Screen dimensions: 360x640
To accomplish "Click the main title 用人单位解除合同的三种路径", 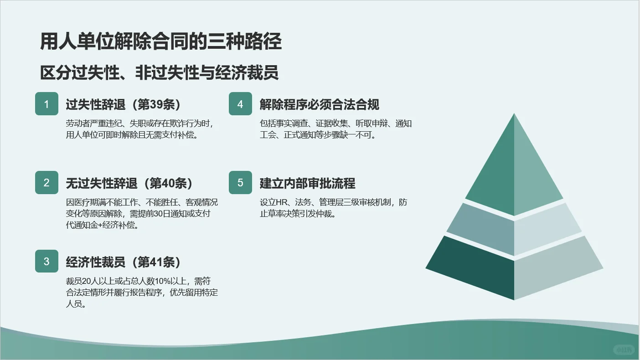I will click(x=160, y=42).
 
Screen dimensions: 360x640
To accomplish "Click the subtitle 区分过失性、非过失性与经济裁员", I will click(x=159, y=73).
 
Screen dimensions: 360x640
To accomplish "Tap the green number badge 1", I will click(x=46, y=104).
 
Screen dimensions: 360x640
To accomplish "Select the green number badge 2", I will click(x=46, y=183).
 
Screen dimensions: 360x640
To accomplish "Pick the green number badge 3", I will click(x=46, y=261).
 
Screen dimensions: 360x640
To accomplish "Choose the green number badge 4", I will click(x=240, y=104).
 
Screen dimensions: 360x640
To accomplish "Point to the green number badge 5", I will click(x=240, y=183).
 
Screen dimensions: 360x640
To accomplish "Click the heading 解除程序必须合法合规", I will click(x=320, y=104).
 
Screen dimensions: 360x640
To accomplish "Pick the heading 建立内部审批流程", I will click(x=308, y=183).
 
